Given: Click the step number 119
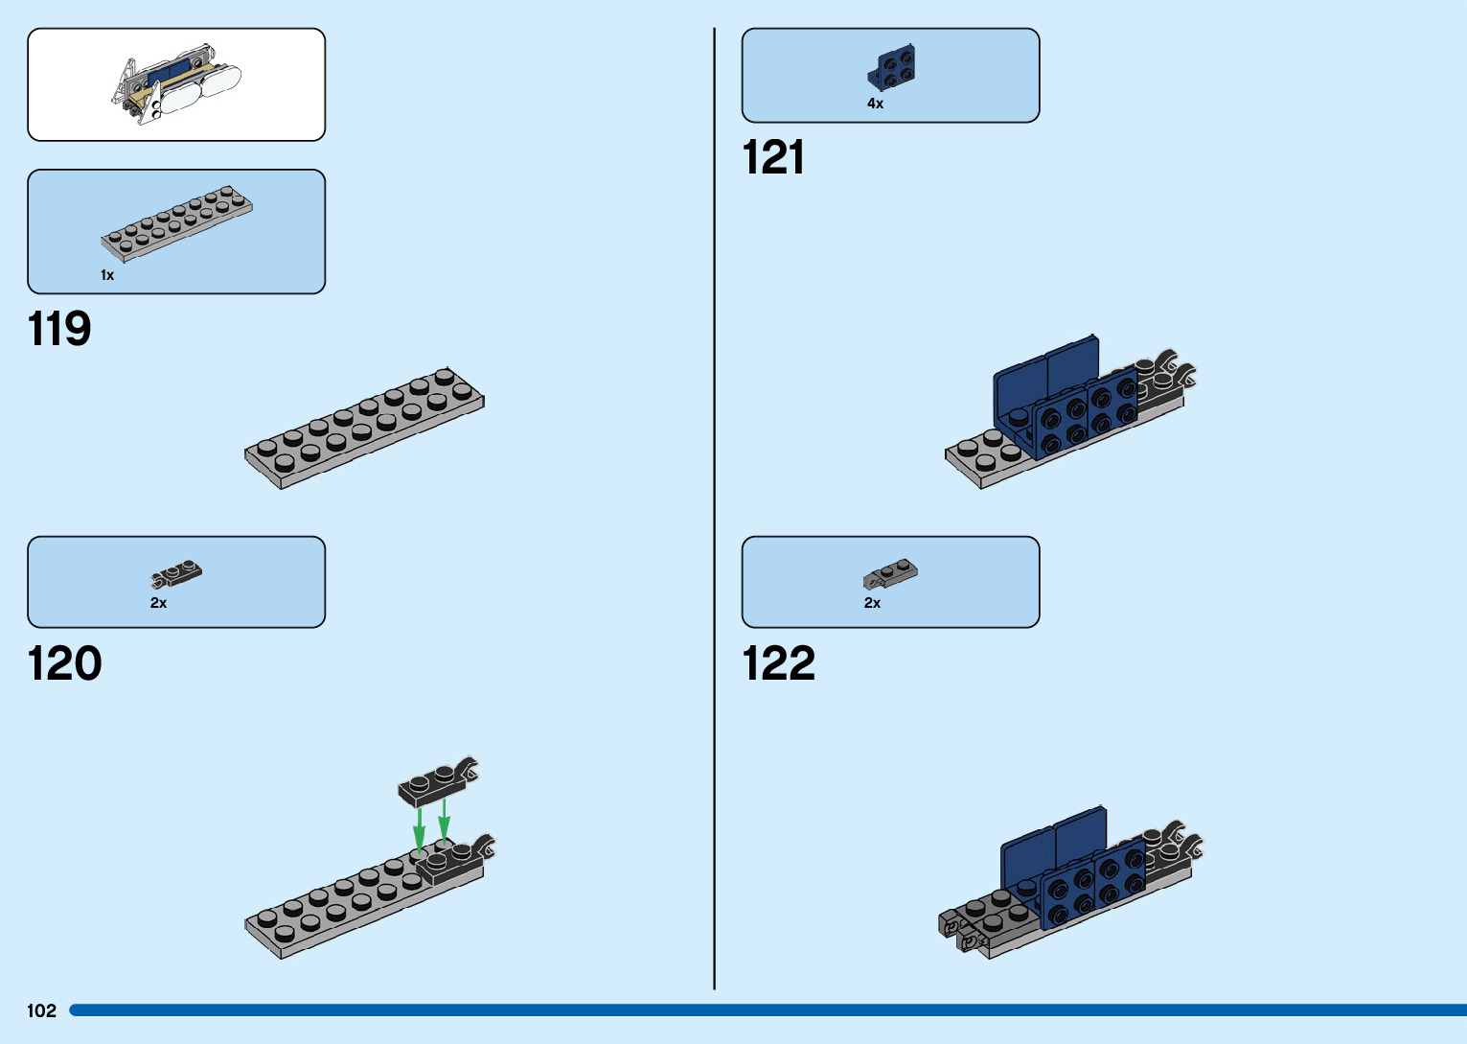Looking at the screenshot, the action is click(x=59, y=329).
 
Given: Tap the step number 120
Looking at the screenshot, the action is click(x=64, y=663).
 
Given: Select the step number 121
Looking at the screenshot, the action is click(x=773, y=158).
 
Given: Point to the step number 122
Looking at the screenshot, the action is click(x=778, y=663).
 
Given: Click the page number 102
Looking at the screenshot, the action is click(x=42, y=1010).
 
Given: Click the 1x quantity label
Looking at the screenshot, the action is click(x=107, y=275).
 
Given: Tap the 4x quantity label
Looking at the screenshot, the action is click(x=875, y=104).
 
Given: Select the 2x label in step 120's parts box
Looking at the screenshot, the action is click(x=158, y=603).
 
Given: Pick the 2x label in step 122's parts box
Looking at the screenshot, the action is click(x=872, y=603).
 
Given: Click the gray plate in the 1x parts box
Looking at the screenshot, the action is click(x=177, y=222).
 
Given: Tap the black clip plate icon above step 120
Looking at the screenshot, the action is click(x=176, y=574).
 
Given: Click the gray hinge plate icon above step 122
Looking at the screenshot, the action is click(x=890, y=573).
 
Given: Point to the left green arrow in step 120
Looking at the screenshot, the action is click(x=419, y=829).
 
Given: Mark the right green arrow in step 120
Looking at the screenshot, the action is click(x=444, y=822).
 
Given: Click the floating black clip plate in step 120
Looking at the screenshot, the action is click(x=437, y=782).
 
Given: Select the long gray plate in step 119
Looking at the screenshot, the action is click(x=364, y=428).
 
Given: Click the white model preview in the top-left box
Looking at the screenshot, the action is click(x=176, y=86).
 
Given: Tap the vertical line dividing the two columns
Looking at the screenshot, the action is click(x=715, y=508).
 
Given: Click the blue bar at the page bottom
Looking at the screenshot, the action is click(x=767, y=1010).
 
